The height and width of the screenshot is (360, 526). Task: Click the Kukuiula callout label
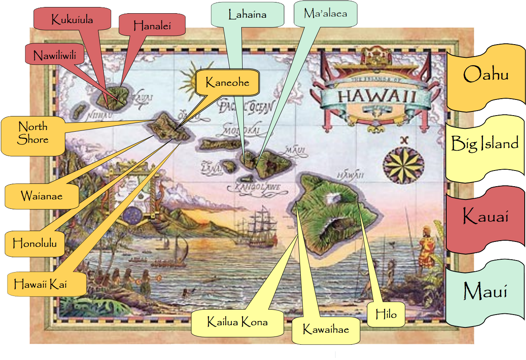(x=72, y=19)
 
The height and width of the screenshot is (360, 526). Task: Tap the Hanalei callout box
(x=152, y=26)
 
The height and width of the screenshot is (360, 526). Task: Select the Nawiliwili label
(x=55, y=55)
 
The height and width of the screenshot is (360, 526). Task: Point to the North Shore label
(x=33, y=133)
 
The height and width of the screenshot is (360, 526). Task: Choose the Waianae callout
(x=41, y=196)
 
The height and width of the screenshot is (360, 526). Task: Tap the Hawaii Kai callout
(x=40, y=284)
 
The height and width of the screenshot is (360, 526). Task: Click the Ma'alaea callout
(x=325, y=14)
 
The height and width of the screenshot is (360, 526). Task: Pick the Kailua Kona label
(x=237, y=322)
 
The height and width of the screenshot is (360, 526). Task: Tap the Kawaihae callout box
(x=326, y=329)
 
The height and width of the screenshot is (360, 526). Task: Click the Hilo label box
(x=386, y=315)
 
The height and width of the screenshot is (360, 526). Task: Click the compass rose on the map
(x=403, y=165)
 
